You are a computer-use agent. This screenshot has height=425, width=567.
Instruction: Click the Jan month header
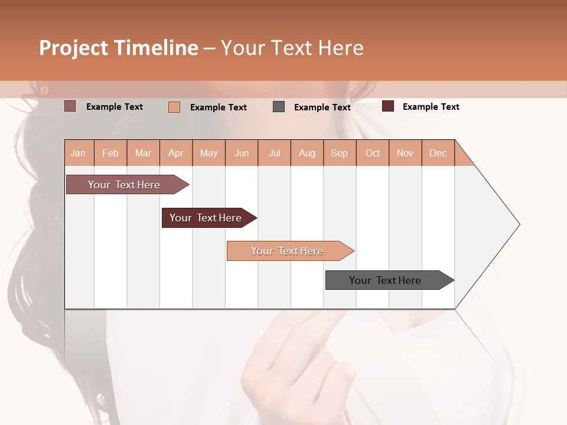coord(79,153)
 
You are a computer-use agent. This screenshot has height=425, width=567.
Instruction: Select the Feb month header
coord(110,153)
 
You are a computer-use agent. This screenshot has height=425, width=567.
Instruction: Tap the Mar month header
coord(143,153)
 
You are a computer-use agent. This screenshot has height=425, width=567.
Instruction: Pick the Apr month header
coord(176,153)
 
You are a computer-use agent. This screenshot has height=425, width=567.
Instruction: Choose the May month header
coord(208,153)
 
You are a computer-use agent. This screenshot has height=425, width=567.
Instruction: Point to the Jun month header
coord(242,153)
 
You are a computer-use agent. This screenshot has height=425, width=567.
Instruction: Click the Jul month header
coord(274,153)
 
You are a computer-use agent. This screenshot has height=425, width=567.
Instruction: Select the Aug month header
coord(307,153)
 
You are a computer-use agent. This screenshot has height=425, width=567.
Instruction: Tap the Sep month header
coord(340,153)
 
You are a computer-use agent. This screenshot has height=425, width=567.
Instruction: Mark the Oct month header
coord(373,153)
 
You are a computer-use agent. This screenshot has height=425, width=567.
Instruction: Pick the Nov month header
coord(405,153)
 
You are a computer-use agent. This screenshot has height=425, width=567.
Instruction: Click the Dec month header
coord(438,153)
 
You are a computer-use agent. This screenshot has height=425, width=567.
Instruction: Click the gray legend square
coord(279,107)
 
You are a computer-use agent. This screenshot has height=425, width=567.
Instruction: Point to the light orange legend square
coord(174,107)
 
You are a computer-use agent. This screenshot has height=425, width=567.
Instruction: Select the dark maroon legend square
coord(388,106)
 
